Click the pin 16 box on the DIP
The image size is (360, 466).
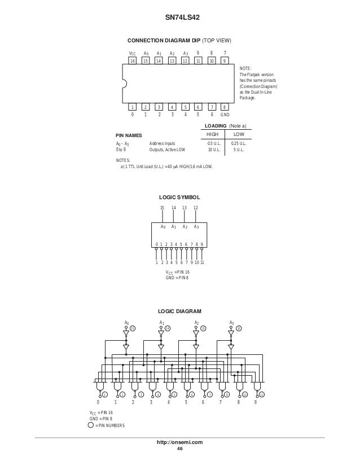133,60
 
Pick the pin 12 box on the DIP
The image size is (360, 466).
185,60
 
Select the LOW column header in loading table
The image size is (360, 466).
239,135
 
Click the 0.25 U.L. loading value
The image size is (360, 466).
239,144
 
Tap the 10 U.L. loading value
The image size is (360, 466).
214,150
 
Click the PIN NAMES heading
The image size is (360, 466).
129,136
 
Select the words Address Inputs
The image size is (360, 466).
164,144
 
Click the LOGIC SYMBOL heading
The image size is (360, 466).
179,198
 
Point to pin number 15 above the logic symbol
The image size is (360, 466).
162,208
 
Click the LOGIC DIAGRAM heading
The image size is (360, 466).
179,311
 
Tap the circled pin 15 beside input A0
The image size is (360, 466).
133,328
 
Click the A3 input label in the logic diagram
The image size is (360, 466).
231,322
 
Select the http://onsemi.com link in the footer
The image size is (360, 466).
179,443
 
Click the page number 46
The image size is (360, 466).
179,449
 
